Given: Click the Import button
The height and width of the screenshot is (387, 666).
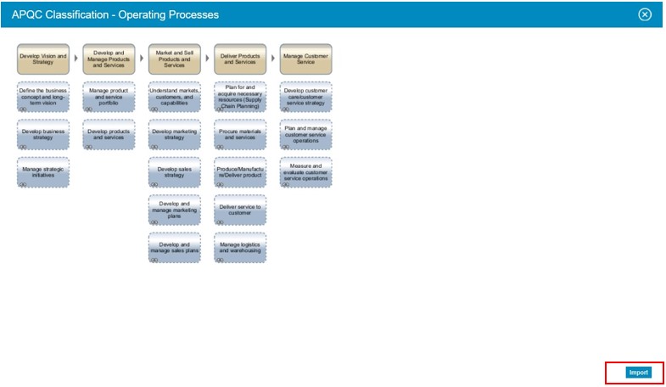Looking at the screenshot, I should click(638, 373).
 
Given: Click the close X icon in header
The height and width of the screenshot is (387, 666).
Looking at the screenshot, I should click(645, 14).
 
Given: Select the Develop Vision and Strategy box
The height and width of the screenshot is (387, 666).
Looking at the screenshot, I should click(42, 59).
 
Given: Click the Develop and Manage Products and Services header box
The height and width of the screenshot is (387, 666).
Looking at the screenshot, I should click(109, 59).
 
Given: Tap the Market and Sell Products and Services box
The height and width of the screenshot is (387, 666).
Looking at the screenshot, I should click(174, 59).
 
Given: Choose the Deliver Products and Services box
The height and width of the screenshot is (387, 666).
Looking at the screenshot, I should click(240, 59).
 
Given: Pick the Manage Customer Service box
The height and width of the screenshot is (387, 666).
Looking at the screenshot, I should click(305, 59).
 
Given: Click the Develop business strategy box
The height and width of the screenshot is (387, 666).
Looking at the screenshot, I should click(42, 134).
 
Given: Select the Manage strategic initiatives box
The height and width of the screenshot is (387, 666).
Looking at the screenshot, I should click(42, 172).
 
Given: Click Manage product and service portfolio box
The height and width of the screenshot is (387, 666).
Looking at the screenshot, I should click(109, 97).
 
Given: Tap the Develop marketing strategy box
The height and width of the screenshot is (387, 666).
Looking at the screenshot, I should click(174, 134).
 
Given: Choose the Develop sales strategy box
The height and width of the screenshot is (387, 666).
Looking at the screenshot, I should click(174, 172).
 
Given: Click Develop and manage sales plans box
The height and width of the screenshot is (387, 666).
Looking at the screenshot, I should click(174, 248).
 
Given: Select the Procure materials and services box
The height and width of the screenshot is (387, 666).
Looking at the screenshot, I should click(240, 134).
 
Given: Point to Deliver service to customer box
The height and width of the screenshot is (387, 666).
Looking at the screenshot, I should click(240, 210).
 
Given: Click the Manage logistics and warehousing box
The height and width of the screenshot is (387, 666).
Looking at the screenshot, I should click(240, 248).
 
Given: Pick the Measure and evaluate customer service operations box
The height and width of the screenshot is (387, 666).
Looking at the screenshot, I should click(305, 172).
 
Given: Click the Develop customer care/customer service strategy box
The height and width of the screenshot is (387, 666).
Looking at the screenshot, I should click(305, 97).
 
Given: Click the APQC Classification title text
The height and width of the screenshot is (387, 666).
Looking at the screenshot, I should click(115, 14).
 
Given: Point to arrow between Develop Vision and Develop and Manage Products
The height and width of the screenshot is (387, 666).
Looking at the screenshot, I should click(76, 59).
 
